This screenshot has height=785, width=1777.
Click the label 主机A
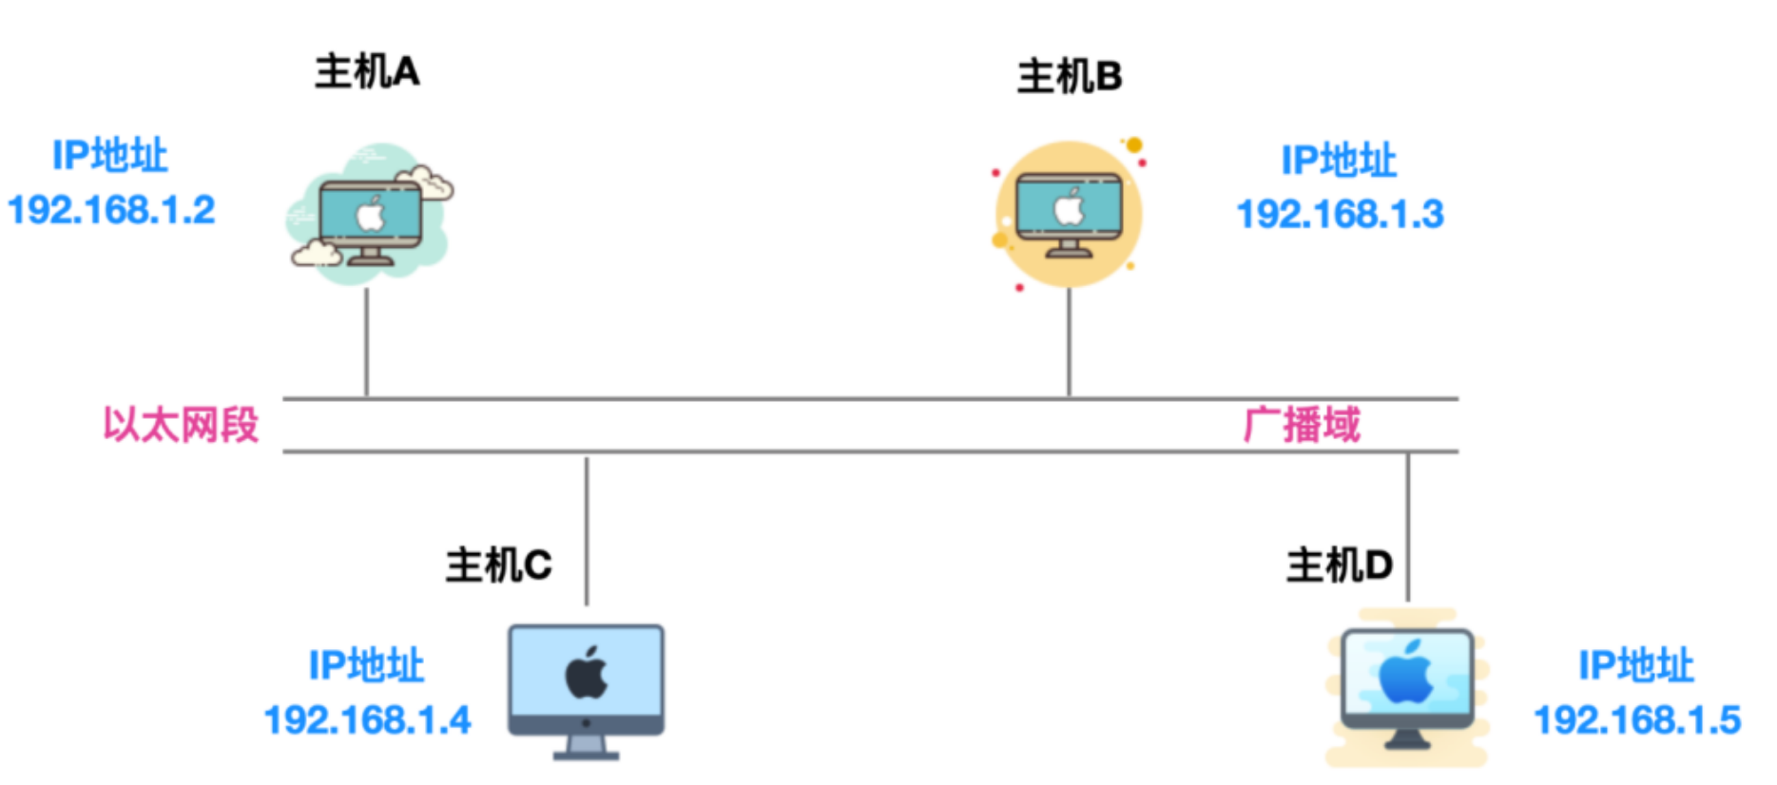click(367, 72)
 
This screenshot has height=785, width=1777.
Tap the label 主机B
click(1070, 77)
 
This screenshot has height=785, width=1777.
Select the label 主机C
click(498, 565)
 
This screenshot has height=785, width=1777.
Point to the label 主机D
click(1339, 565)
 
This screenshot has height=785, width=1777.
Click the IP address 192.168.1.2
click(111, 210)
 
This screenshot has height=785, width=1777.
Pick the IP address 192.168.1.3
click(1340, 215)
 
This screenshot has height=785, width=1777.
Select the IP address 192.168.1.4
click(367, 720)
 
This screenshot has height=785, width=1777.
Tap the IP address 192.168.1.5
click(1637, 720)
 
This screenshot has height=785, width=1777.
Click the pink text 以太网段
click(181, 425)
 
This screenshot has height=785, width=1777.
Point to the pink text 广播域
click(1302, 425)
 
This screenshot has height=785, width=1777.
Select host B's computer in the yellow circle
click(1069, 214)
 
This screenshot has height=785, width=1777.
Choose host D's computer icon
click(1407, 686)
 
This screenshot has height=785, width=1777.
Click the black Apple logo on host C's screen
click(587, 673)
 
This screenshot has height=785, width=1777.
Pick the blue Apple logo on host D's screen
click(1405, 672)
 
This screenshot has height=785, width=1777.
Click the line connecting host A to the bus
click(366, 342)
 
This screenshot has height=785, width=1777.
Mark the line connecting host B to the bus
click(1069, 342)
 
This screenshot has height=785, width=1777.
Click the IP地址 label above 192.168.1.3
click(1339, 161)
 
